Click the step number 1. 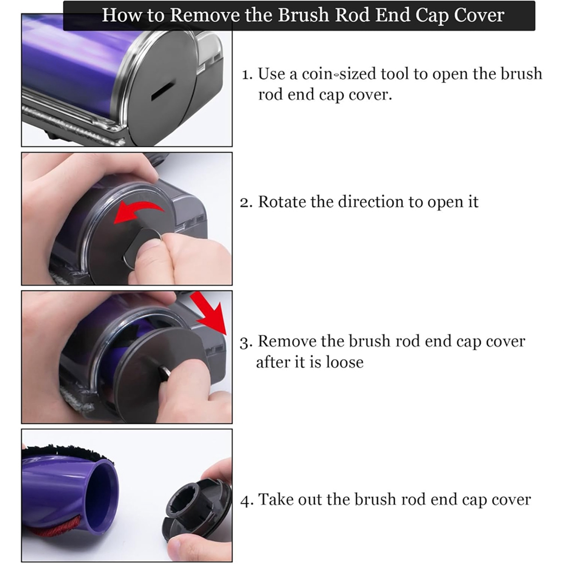(x=247, y=75)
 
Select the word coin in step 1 (x=317, y=74)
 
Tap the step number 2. (x=246, y=203)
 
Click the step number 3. (x=246, y=342)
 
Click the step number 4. (x=246, y=501)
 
